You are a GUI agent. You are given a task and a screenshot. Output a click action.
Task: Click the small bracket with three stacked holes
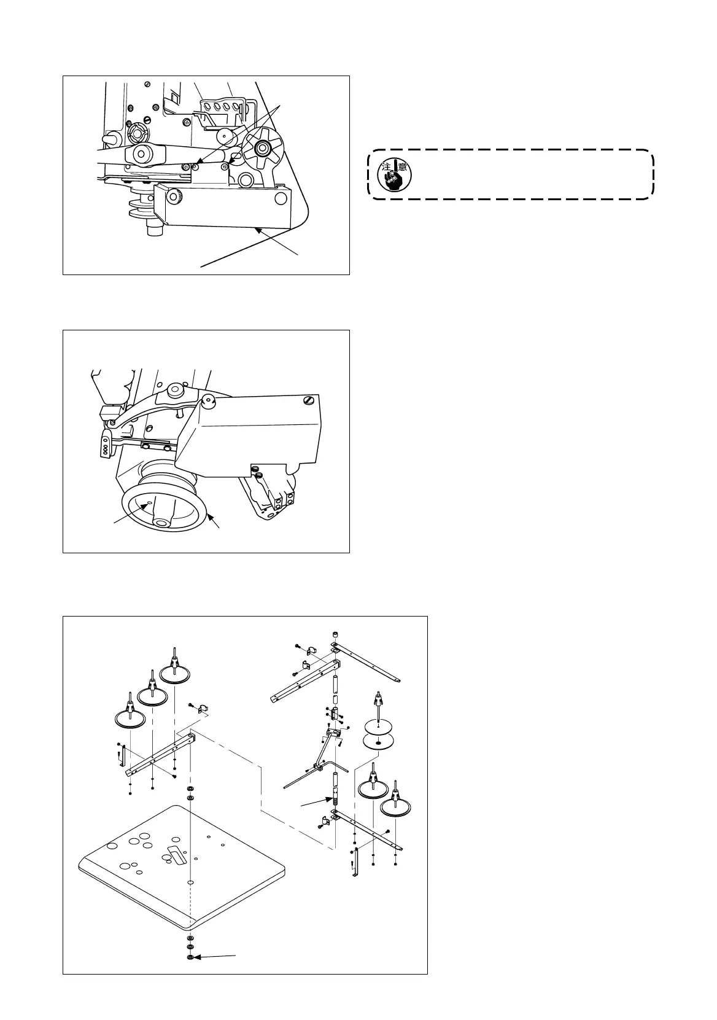pos(105,446)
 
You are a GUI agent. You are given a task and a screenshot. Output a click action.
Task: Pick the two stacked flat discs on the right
pos(378,736)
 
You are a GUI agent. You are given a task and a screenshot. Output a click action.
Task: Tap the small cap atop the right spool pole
pos(335,635)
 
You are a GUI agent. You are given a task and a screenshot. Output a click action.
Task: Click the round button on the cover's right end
pos(281,198)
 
